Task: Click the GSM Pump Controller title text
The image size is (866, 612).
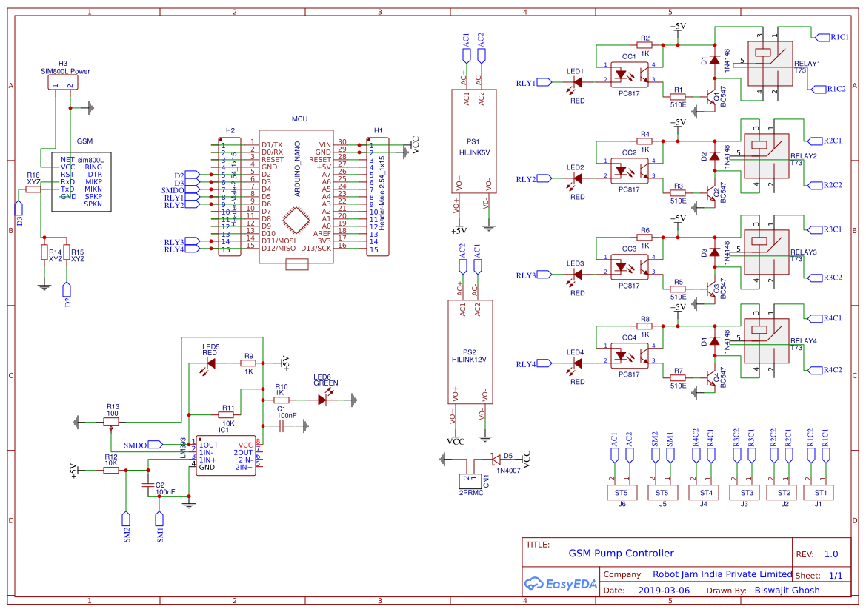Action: [x=621, y=553]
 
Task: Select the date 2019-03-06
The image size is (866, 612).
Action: [x=664, y=591]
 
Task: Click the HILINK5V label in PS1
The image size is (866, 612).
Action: [x=474, y=152]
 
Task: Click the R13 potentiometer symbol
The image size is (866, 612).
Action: [x=111, y=422]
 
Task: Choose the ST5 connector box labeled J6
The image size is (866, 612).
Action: [x=621, y=492]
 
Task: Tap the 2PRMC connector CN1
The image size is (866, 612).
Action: [x=470, y=480]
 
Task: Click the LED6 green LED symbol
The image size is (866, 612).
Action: [x=324, y=400]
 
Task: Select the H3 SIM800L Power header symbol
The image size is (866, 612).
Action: [x=62, y=84]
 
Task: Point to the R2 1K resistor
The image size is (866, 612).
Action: [x=644, y=45]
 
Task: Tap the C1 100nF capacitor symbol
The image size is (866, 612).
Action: [x=282, y=426]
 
